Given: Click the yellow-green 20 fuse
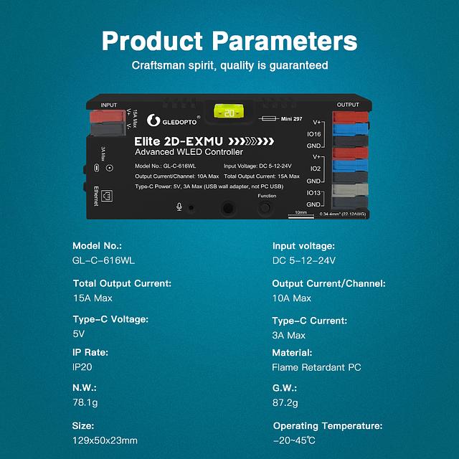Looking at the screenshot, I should [x=229, y=113].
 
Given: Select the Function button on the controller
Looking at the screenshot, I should [x=266, y=208].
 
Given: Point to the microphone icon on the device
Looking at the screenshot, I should [x=179, y=207].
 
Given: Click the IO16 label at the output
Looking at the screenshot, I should [x=314, y=133].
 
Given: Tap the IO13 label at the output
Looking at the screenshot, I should [x=314, y=194].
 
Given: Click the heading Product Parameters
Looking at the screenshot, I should [x=229, y=40].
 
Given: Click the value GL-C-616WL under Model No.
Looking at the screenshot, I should [x=103, y=260].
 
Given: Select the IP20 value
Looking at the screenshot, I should [x=82, y=367].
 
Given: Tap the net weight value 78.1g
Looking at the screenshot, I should [x=85, y=403].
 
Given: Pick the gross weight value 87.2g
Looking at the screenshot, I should [x=285, y=403].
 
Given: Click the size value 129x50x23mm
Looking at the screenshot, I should [x=105, y=440].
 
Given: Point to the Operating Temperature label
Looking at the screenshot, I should [x=328, y=426].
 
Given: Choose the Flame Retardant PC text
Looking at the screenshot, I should [x=316, y=367].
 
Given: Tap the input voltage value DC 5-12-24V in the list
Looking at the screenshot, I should [x=303, y=260].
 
